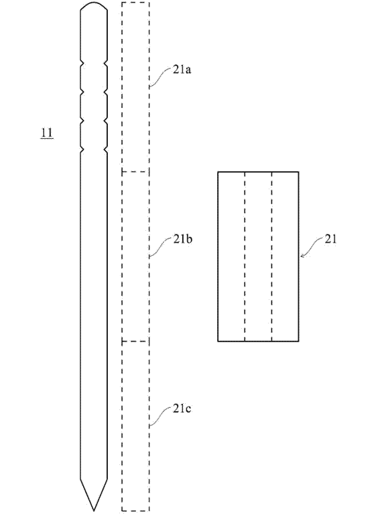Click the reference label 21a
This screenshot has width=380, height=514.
[182, 70]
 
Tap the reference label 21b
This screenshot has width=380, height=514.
[183, 240]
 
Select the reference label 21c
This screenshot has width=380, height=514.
[182, 409]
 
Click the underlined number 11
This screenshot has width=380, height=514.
[47, 133]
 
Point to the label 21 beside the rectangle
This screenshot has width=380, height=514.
[330, 240]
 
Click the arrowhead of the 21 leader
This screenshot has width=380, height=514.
[302, 256]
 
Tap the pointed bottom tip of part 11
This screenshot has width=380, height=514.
[94, 510]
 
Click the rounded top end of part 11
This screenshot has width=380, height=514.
[94, 3]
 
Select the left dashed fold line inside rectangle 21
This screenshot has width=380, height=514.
[245, 256]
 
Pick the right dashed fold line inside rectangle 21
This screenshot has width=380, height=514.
[271, 256]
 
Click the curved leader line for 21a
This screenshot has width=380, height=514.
[161, 77]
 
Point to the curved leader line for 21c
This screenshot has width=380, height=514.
[161, 417]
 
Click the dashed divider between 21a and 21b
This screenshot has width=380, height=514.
[135, 171]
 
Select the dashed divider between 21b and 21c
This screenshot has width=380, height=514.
[135, 342]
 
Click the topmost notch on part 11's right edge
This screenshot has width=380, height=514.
[105, 62]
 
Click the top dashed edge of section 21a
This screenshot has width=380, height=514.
[135, 2]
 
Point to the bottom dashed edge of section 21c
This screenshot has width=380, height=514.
[135, 511]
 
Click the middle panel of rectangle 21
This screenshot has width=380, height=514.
[258, 256]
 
